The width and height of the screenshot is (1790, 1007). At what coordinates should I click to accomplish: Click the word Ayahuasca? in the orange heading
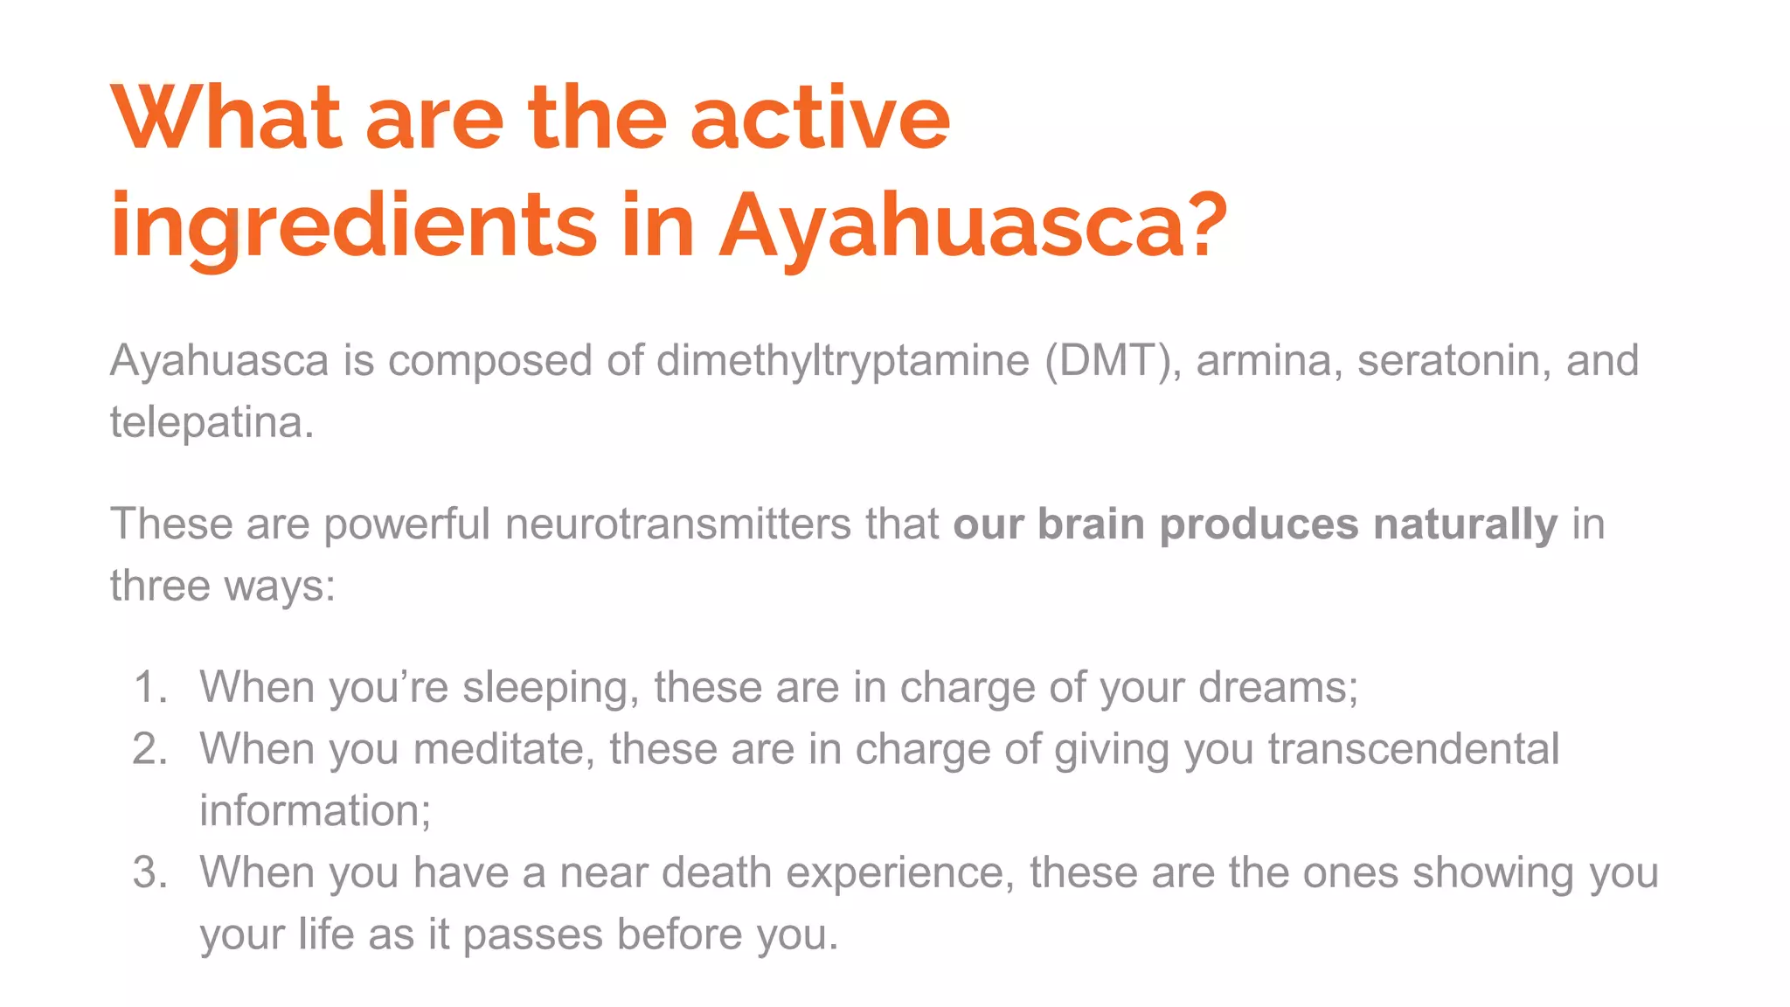tap(973, 226)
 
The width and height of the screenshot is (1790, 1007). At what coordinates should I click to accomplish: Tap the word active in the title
tap(819, 118)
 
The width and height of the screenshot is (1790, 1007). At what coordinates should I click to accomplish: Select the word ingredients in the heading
tap(353, 226)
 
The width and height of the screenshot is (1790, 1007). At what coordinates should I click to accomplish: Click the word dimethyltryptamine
tap(843, 360)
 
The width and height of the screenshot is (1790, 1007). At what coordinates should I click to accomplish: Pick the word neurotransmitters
tap(677, 524)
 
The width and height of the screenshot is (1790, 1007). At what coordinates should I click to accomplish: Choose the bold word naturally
tap(1465, 524)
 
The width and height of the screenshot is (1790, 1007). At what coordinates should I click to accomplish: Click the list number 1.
tap(149, 687)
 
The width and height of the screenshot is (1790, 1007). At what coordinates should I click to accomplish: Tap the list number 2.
tap(149, 749)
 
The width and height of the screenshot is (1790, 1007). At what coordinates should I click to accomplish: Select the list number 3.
tap(149, 872)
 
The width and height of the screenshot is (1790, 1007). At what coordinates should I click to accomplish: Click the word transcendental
tap(1413, 749)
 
